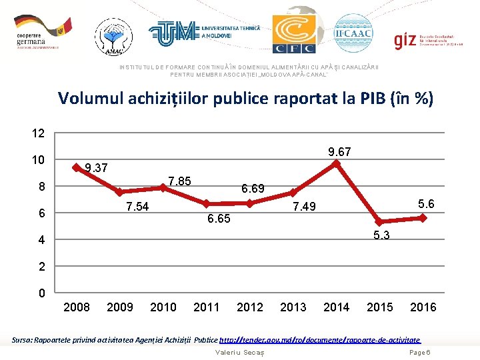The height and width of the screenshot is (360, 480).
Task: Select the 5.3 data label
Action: [x=382, y=235]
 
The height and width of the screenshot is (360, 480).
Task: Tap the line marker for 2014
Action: [x=337, y=162]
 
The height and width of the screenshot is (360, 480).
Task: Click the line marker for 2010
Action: [x=163, y=187]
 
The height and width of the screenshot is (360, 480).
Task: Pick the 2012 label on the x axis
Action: [x=249, y=307]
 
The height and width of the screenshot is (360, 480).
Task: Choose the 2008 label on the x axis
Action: [x=76, y=307]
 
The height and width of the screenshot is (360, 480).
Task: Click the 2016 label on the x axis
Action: [x=423, y=307]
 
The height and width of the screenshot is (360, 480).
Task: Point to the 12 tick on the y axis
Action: [x=39, y=133]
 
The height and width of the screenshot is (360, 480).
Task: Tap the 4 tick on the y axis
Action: [x=41, y=240]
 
